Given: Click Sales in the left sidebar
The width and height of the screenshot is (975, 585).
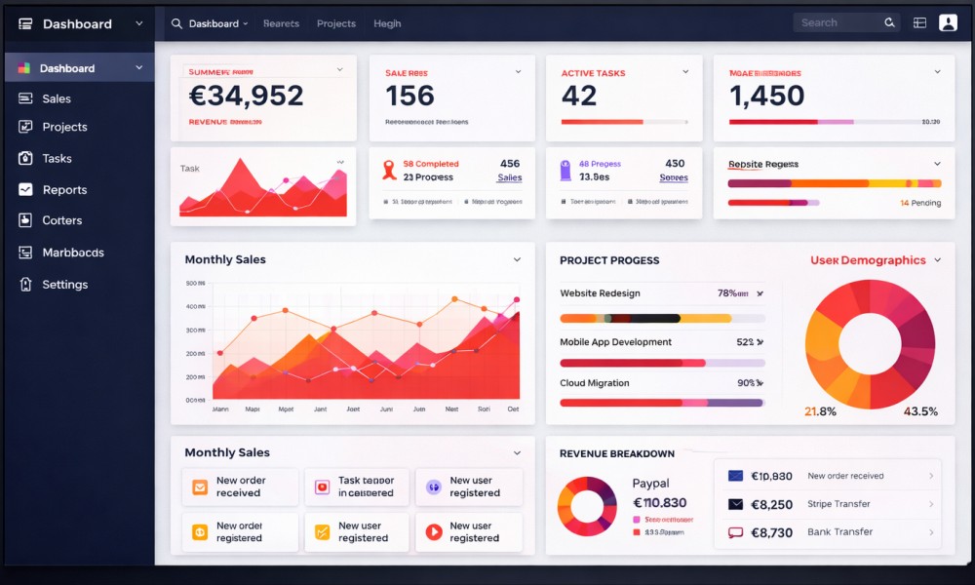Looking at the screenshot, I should pos(56,98).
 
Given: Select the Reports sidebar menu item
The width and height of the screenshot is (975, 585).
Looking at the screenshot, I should pos(64,190).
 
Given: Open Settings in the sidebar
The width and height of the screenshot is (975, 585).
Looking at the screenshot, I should pos(64,285).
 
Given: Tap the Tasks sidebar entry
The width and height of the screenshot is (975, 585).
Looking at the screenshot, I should pos(57,159).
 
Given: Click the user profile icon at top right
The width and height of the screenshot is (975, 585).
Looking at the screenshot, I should pos(948,22).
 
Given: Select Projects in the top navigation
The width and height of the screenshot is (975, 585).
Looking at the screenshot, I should pos(336,23).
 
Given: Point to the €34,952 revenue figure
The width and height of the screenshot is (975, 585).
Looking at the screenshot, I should pos(246,96).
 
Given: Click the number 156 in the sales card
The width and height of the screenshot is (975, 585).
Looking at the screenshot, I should pos(409,96).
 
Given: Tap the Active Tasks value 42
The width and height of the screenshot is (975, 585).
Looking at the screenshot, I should pos(579,96).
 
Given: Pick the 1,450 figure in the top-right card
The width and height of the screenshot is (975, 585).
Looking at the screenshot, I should pos(767,96).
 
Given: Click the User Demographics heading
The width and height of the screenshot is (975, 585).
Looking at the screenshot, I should pos(868,260).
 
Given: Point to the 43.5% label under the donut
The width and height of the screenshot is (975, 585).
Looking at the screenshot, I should pos(920,411).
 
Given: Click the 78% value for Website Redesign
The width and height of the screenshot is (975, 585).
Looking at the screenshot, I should pos(727,293).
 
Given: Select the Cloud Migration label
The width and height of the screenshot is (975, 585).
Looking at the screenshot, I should pos(594,383).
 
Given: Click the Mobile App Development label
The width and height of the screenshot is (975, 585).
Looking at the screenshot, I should pos(615,342).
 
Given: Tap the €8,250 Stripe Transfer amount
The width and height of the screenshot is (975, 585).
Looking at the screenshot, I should pos(771,505).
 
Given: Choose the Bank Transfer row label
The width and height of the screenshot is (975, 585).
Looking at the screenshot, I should pos(839,532).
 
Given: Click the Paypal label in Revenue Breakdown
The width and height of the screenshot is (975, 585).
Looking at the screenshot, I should pos(650,484).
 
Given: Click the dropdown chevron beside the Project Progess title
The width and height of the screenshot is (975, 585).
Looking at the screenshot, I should pos(937,260).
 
